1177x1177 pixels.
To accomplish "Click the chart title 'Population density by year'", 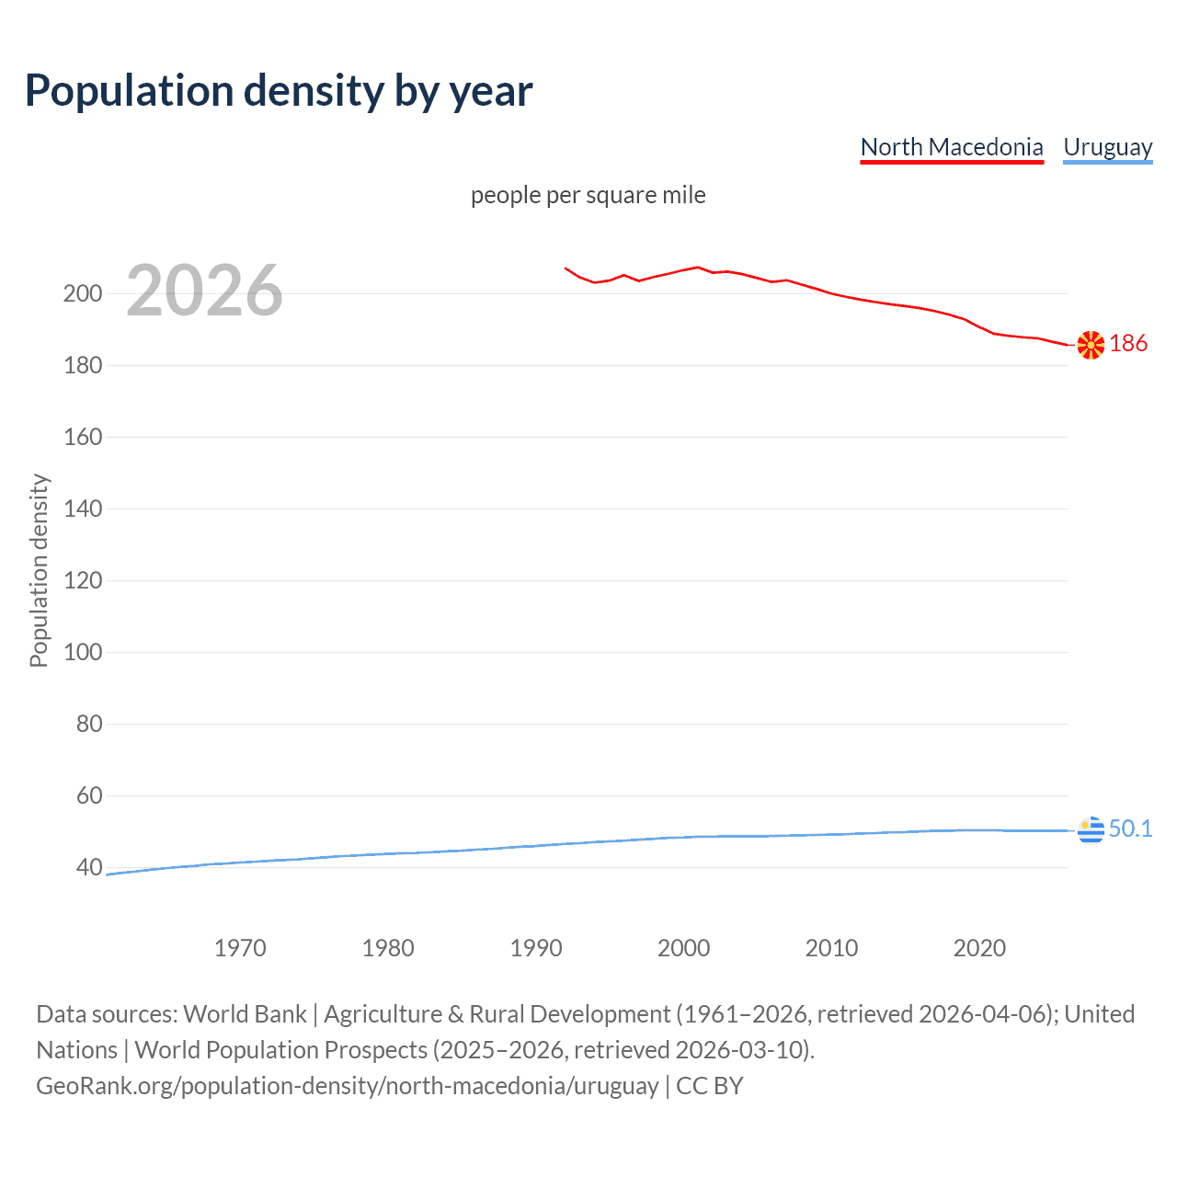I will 279,91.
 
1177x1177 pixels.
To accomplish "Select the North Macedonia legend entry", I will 952,147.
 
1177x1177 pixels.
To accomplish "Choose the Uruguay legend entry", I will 1107,147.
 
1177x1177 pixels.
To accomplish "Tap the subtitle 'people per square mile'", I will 588,196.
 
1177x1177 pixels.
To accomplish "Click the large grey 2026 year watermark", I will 204,291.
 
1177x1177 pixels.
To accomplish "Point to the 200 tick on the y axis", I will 82,294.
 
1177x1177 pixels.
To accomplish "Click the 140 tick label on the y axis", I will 82,509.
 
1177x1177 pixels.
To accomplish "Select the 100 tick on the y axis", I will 82,653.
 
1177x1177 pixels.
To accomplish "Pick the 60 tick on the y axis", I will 88,796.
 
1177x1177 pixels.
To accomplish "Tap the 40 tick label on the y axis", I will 88,868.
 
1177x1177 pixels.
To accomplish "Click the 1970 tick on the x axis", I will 240,948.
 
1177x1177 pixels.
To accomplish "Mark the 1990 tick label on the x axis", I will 536,948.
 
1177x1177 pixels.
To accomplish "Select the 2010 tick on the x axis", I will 831,948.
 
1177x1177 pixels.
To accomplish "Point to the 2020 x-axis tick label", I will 979,948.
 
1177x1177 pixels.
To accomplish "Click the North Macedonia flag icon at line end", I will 1091,345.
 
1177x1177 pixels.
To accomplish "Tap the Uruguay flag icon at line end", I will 1091,829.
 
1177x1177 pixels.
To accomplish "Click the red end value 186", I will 1128,344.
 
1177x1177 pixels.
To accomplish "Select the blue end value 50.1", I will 1130,829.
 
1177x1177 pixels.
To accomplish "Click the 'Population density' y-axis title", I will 39,570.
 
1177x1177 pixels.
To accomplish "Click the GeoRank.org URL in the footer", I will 347,1086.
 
